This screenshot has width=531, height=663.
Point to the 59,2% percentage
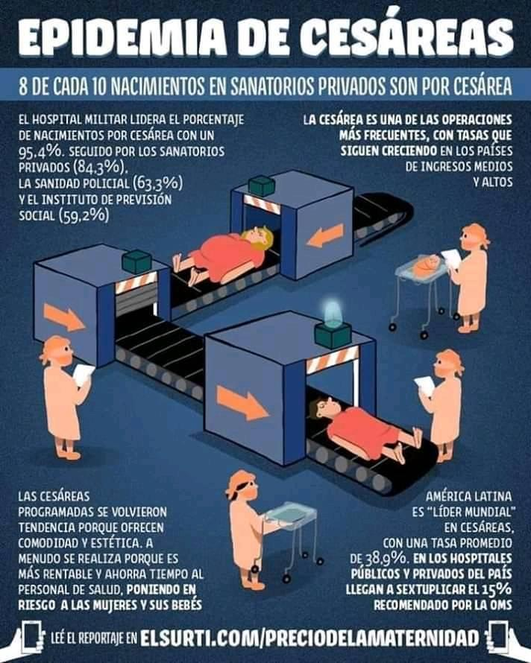pos(88,215)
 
